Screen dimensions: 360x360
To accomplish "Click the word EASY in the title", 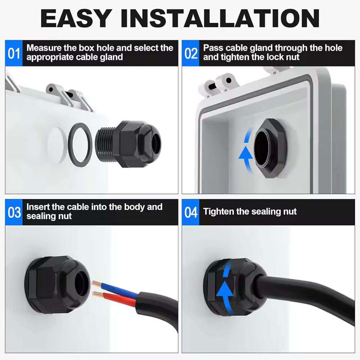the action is pos(75,18).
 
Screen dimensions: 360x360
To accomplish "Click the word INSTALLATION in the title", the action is pos(220,18).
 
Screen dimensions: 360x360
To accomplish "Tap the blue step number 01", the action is pos(14,53).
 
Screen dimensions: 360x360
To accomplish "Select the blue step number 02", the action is pos(191,53).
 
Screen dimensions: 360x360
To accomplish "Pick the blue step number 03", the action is pos(14,212).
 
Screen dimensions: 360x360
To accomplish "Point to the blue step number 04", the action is pos(191,212).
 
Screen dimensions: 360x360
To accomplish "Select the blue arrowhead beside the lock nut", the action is pos(246,153).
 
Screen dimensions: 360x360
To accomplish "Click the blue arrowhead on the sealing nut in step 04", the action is pos(225,290).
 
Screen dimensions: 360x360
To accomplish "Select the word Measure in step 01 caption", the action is pos(44,48).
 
